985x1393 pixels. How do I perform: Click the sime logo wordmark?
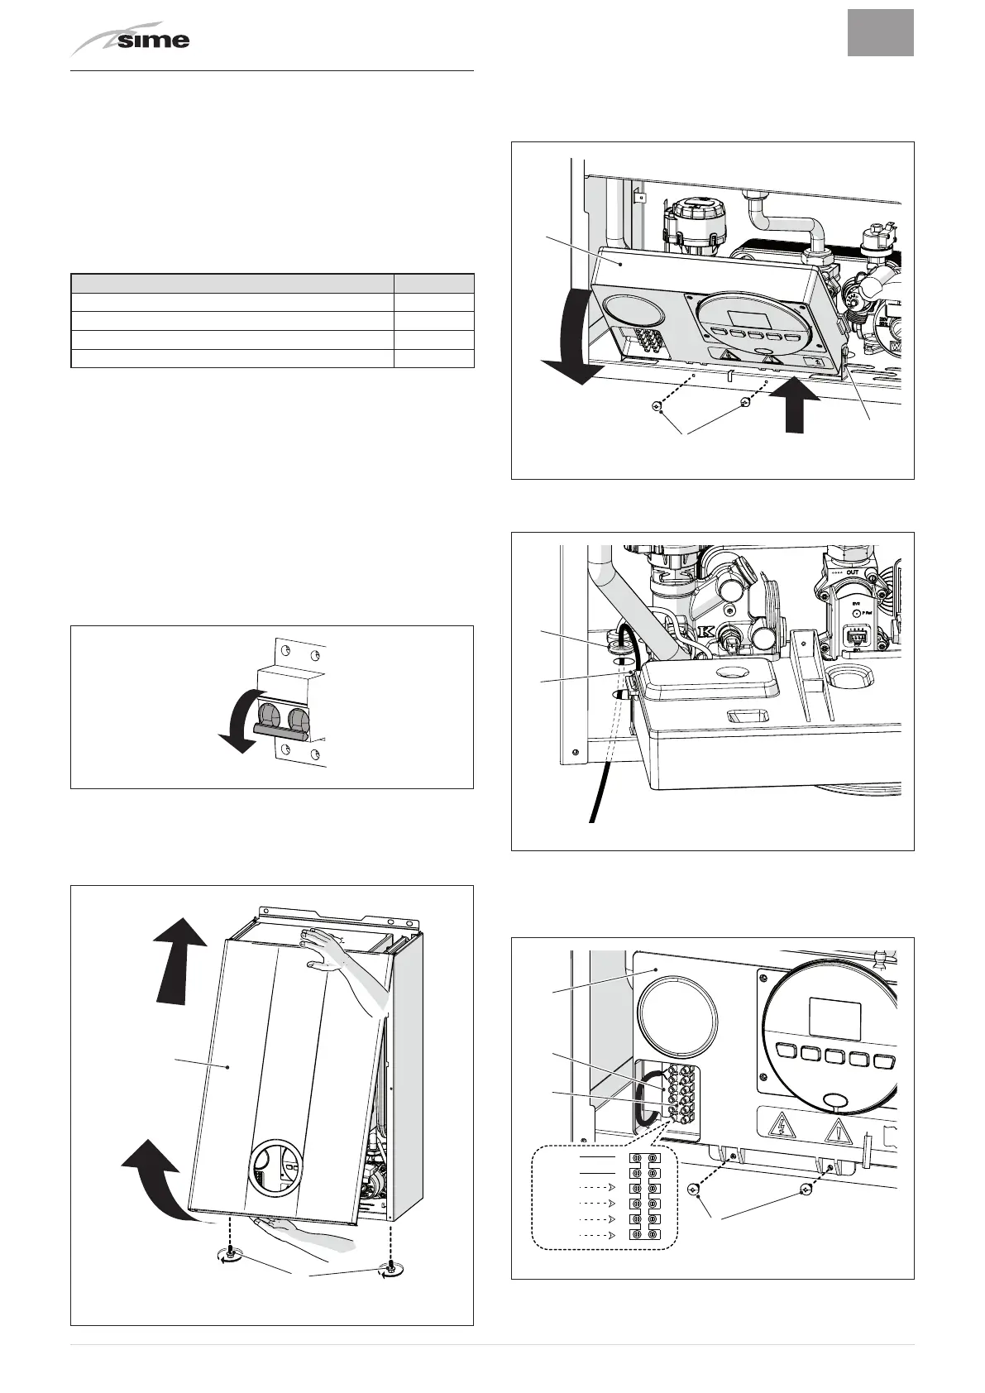153,40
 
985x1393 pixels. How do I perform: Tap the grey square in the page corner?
880,33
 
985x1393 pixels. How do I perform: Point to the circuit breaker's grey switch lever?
281,729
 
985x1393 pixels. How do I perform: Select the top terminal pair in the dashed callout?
645,1158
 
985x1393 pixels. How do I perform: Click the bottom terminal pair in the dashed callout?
645,1236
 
